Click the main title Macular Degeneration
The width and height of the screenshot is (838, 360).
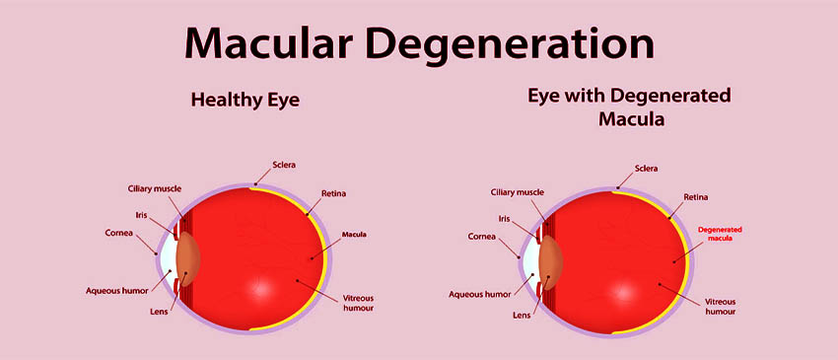418,43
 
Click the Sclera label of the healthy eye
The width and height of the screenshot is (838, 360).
284,165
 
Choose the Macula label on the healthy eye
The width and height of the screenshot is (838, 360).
354,235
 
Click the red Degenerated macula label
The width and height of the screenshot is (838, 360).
720,234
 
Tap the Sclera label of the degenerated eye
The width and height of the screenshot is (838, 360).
647,169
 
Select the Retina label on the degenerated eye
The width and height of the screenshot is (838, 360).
697,197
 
